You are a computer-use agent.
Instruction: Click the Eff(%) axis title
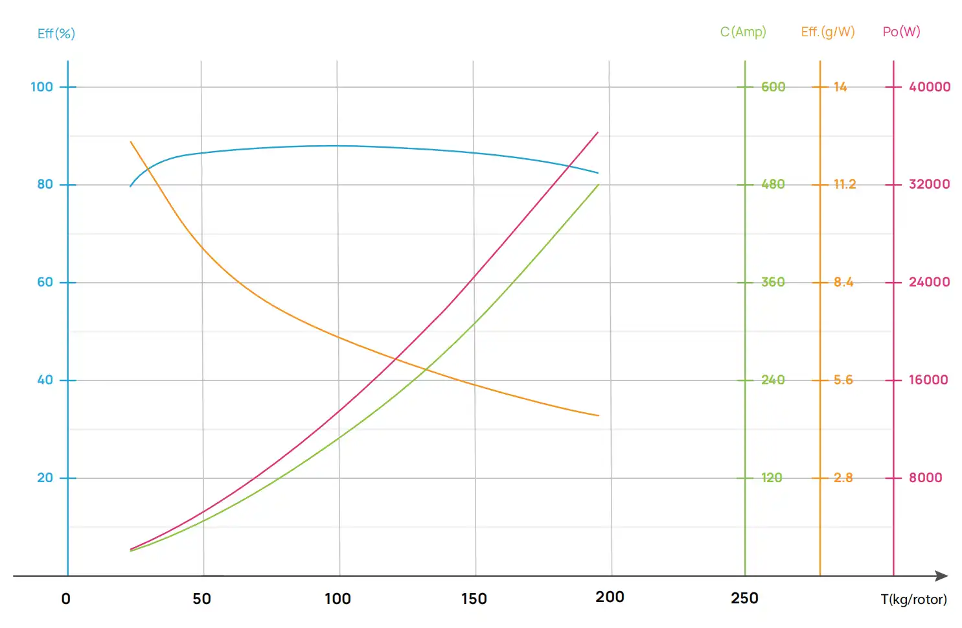pos(56,34)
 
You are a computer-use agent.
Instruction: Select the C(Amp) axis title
pos(743,32)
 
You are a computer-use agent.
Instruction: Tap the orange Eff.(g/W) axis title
pos(828,32)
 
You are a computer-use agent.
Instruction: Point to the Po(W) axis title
pos(901,32)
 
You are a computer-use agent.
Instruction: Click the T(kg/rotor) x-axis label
pos(913,599)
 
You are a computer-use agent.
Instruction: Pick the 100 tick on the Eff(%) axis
pos(42,87)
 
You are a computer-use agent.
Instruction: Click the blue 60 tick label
pos(45,282)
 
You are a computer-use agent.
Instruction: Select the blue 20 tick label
pos(45,478)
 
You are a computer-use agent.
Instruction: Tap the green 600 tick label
pos(773,87)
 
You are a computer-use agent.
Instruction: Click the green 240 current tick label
pos(773,380)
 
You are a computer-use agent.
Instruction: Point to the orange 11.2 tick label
pos(845,184)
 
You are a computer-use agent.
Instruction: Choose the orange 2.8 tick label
pos(843,478)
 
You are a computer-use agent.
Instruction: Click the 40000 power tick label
pos(930,87)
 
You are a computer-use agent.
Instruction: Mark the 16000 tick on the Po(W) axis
pos(928,380)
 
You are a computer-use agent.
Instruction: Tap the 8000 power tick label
pos(925,478)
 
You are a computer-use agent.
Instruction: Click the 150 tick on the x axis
pos(474,599)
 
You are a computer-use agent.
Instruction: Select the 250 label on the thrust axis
pos(744,598)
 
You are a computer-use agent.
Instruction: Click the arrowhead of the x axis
pos(943,576)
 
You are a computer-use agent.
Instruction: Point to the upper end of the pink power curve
pos(597,133)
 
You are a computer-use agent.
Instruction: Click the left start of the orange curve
pos(131,142)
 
